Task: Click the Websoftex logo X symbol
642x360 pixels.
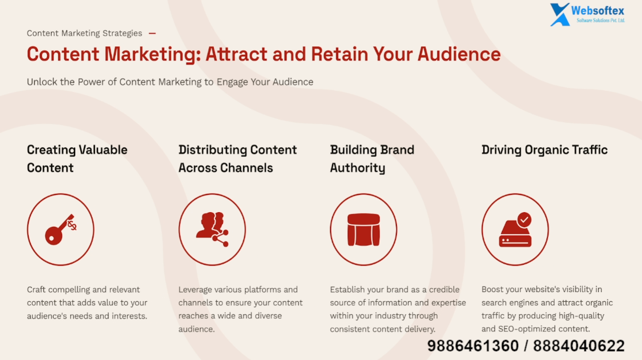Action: tap(560, 15)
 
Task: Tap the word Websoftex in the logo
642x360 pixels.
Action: tap(598, 11)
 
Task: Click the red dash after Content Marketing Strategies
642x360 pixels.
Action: tap(152, 33)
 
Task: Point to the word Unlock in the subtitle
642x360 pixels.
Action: tap(42, 82)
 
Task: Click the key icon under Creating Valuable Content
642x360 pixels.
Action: tap(61, 230)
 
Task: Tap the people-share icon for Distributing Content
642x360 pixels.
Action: tap(213, 229)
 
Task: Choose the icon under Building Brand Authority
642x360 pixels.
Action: tap(364, 230)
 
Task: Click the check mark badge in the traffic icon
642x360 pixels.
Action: tap(524, 220)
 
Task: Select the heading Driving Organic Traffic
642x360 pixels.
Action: tap(545, 150)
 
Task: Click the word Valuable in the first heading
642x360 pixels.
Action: tap(103, 150)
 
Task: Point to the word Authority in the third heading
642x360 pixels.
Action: tap(358, 168)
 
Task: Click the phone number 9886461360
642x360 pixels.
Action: tap(473, 346)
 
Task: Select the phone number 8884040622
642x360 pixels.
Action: tap(579, 346)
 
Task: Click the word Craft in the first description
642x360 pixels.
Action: tap(36, 289)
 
